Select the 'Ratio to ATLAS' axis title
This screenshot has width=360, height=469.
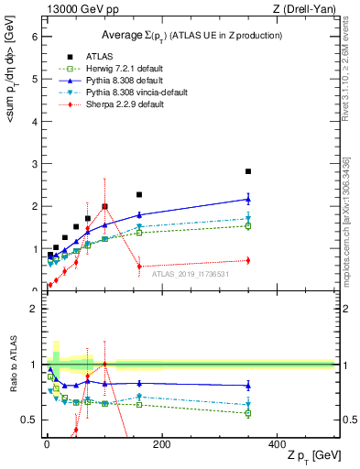13,366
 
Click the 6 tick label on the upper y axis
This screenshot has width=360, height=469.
34,37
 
